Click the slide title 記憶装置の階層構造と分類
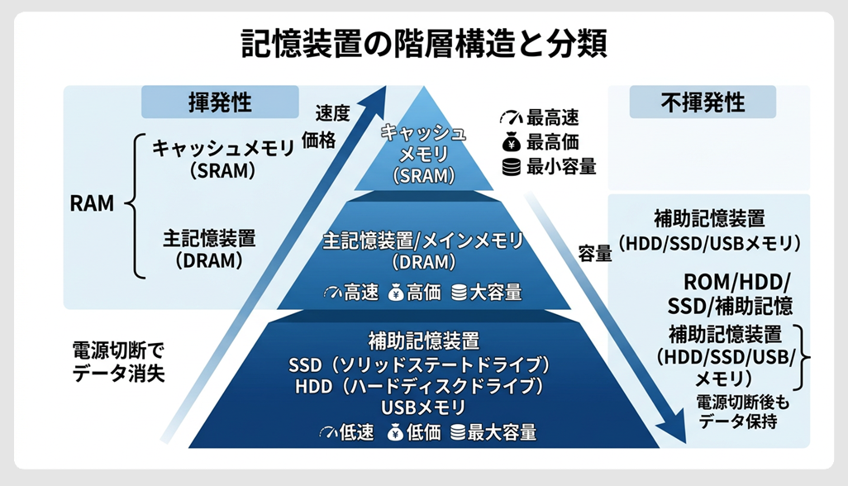click(423, 44)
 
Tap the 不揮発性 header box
click(703, 102)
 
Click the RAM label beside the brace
click(92, 203)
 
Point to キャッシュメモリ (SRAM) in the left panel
click(222, 160)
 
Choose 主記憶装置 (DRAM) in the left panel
click(208, 250)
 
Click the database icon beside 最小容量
click(512, 166)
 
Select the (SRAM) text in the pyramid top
click(423, 175)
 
